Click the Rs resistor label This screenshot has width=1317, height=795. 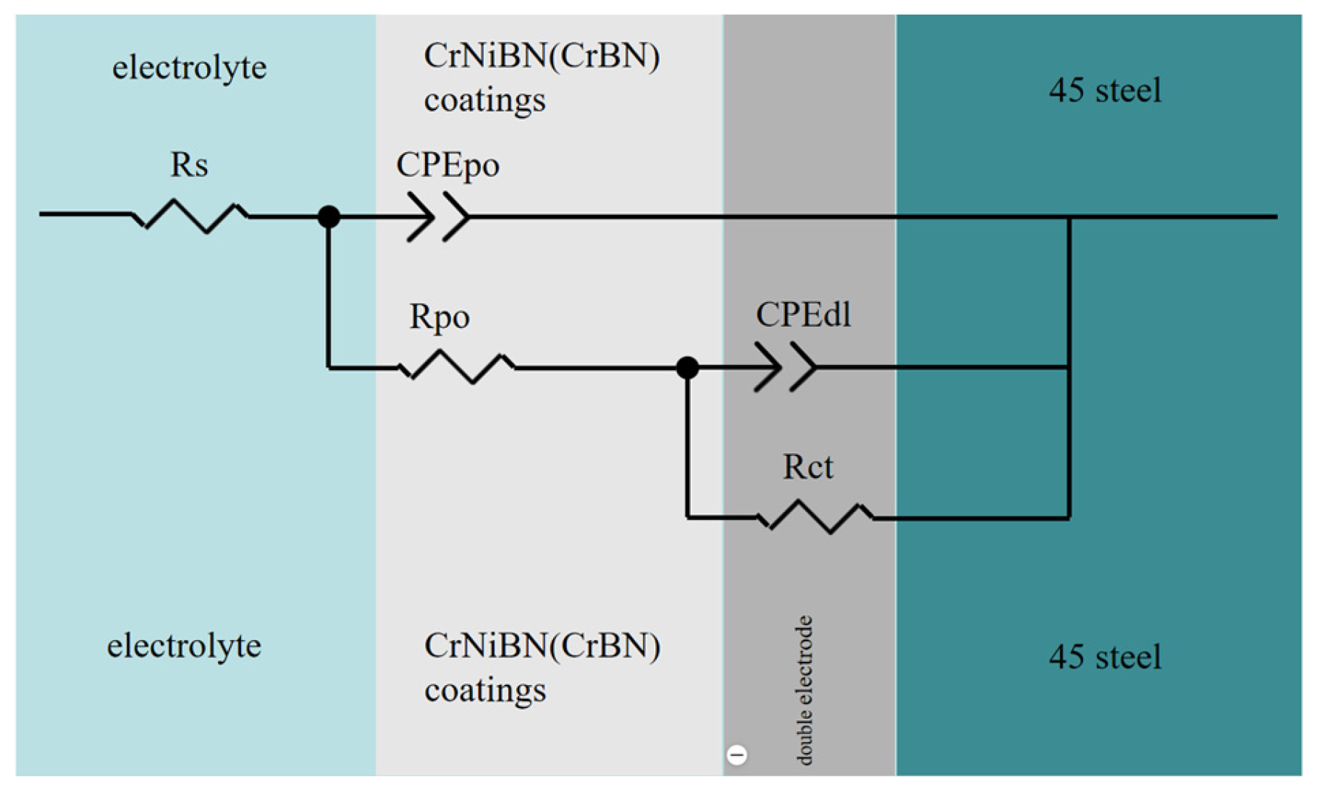coord(189,165)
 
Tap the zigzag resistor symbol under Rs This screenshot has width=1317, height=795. coord(190,215)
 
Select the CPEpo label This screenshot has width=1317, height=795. coord(447,166)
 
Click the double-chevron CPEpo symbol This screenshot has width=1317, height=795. coord(437,216)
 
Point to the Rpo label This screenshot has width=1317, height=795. coord(439,317)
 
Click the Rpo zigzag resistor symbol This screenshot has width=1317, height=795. coord(458,367)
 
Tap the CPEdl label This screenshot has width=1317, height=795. coord(803,316)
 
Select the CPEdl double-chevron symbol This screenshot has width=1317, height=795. coord(785,368)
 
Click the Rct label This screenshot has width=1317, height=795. coord(807,467)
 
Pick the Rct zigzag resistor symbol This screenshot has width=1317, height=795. coord(815,517)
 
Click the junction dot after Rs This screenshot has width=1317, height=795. coord(329,216)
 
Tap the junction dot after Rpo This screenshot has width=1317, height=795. coord(687,368)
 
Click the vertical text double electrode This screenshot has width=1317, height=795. coord(804,689)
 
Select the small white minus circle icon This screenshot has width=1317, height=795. coord(736,755)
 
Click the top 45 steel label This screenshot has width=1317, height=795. coord(1105,91)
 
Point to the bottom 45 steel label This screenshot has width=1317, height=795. coord(1105,657)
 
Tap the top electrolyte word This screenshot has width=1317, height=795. coord(189,67)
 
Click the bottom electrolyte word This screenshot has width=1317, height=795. coord(184,645)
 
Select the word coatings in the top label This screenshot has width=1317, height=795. coord(484,100)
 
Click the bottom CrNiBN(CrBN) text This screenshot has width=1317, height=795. coord(542,646)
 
